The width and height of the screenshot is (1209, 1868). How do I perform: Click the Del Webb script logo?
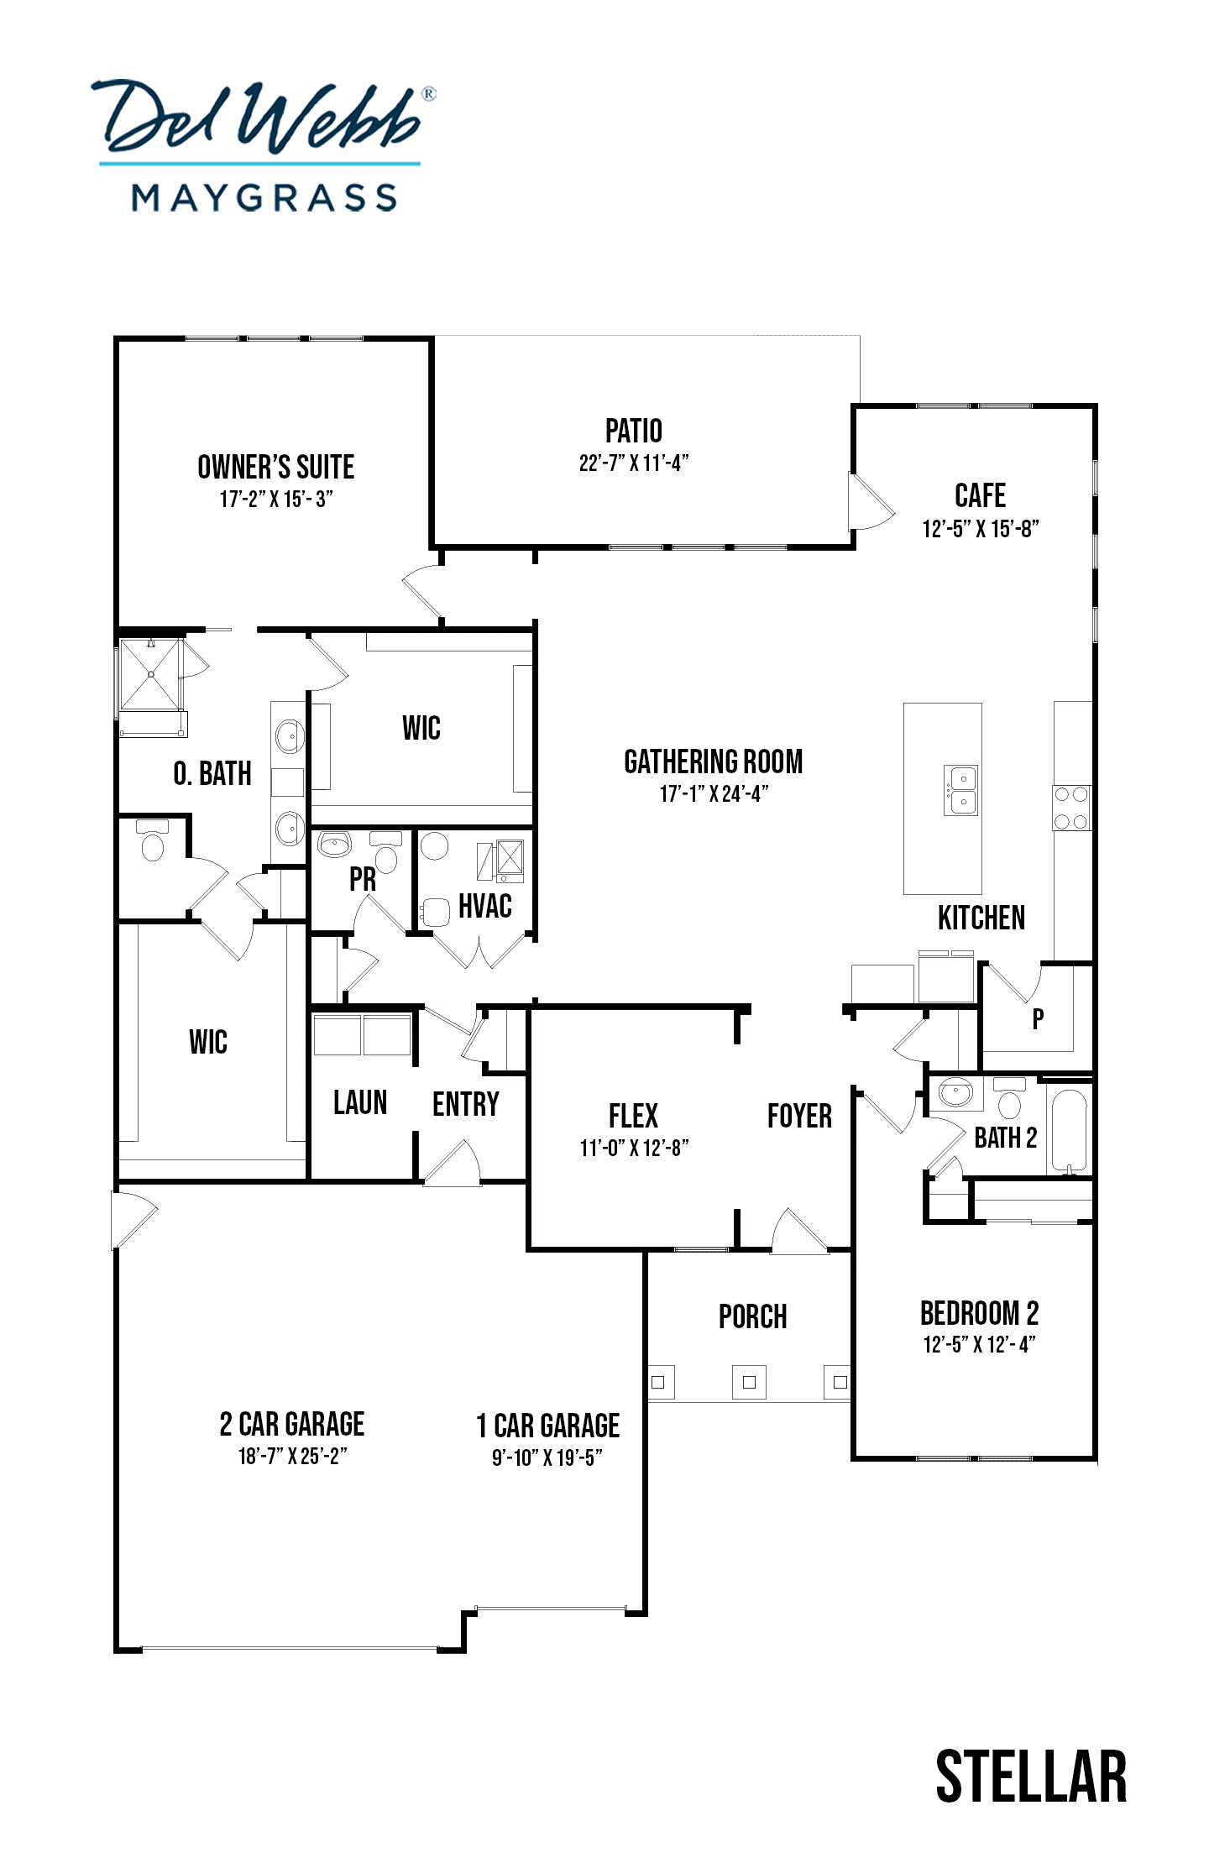[264, 117]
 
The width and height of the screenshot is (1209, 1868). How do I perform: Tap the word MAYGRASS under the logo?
[264, 198]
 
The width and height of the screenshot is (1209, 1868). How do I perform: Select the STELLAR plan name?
[1031, 1776]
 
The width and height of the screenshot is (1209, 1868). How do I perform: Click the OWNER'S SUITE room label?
[275, 467]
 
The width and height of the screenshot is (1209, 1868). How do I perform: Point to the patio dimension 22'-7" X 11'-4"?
[634, 463]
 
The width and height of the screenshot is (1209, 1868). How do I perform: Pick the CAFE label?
[980, 495]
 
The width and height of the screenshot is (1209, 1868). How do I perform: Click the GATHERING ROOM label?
[713, 761]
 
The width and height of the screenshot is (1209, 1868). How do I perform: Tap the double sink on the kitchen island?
[960, 790]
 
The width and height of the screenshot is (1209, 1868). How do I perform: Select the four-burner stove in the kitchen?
[1071, 808]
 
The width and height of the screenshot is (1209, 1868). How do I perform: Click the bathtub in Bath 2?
[1069, 1130]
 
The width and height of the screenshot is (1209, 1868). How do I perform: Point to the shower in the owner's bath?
[150, 674]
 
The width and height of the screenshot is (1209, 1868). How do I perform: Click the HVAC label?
[484, 906]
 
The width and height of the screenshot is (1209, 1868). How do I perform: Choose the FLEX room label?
[633, 1116]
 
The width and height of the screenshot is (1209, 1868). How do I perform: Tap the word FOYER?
[799, 1116]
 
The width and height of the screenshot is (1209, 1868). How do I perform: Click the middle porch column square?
[749, 1382]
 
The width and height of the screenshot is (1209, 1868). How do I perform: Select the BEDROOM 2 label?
[979, 1312]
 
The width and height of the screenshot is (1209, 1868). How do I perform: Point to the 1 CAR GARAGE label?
[547, 1426]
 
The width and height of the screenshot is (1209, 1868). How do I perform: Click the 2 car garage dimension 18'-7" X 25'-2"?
[292, 1457]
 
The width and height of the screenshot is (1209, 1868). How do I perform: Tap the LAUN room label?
[360, 1102]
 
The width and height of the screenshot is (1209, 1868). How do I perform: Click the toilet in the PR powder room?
[385, 853]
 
